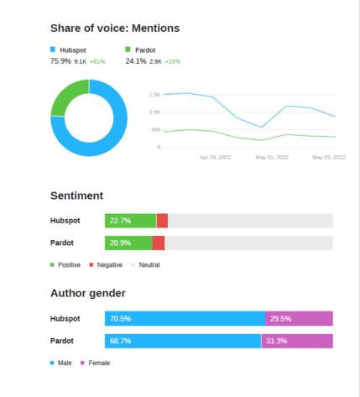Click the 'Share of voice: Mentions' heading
click(x=115, y=29)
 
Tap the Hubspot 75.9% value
click(x=60, y=61)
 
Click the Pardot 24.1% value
click(x=136, y=61)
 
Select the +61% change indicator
click(x=97, y=61)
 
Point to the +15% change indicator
click(x=172, y=61)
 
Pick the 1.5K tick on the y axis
click(x=154, y=95)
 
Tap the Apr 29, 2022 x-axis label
click(x=215, y=157)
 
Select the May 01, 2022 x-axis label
click(x=272, y=157)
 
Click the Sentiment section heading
click(x=76, y=196)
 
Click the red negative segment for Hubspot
click(x=162, y=221)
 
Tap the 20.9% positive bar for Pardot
click(x=128, y=243)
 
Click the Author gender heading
click(x=88, y=293)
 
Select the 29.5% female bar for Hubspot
click(x=299, y=319)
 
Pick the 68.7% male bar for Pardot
click(x=183, y=341)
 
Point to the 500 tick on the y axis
click(x=154, y=130)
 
